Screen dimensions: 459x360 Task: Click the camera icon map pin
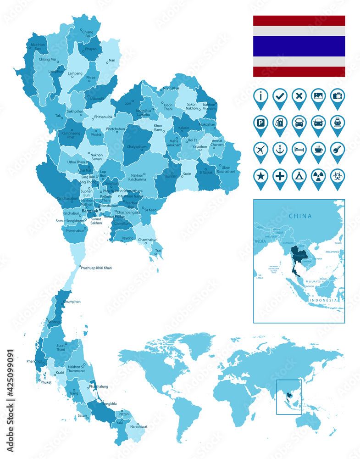338,96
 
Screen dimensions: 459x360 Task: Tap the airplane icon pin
260,150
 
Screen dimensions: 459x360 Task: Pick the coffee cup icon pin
318,150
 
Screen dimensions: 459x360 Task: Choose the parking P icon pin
260,123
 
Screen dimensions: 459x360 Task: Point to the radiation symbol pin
318,176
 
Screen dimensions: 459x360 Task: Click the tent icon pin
299,176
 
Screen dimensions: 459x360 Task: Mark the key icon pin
338,150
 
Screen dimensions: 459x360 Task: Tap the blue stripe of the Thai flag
299,46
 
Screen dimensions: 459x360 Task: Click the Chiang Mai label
48,59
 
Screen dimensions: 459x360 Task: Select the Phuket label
46,382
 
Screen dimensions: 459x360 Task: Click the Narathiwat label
138,426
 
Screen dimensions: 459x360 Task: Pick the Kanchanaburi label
67,199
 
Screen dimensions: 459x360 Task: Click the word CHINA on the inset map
300,216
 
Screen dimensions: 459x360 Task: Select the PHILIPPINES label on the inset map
332,252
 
